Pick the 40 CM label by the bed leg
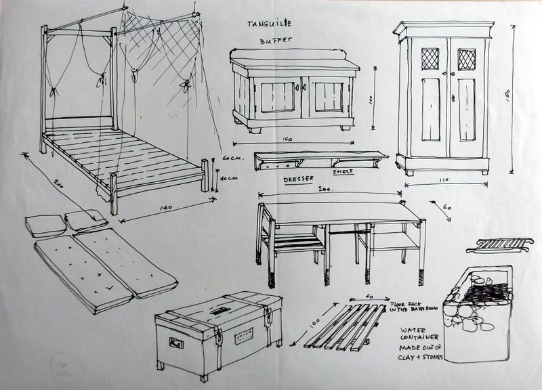point(230,179)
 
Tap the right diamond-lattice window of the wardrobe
point(465,60)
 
